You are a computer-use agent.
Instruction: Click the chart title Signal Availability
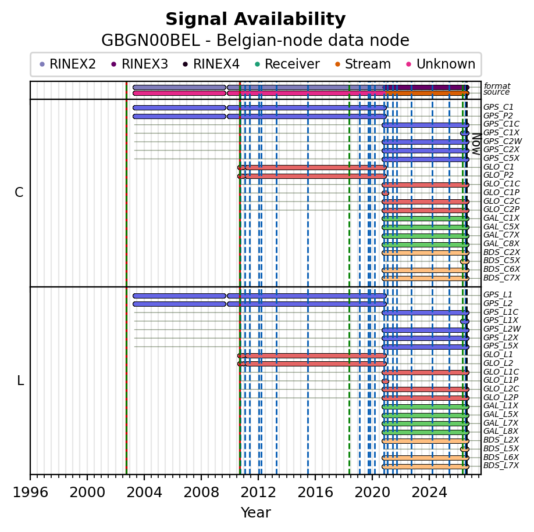(x=255, y=19)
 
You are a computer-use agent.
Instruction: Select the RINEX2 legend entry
(x=67, y=64)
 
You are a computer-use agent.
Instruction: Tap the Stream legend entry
(x=363, y=64)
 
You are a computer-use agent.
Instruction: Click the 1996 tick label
(x=30, y=492)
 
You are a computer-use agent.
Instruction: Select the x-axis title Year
(x=256, y=512)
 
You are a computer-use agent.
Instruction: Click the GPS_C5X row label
(x=501, y=158)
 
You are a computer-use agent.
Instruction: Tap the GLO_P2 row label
(x=499, y=175)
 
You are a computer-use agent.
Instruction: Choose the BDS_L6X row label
(x=501, y=457)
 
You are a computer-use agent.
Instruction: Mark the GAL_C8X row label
(x=501, y=243)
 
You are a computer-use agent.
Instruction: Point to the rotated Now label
(x=477, y=144)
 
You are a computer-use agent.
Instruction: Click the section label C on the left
(x=19, y=192)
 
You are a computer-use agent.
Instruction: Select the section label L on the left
(x=20, y=381)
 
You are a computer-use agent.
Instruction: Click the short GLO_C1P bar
(x=385, y=193)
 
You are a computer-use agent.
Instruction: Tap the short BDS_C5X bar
(x=465, y=261)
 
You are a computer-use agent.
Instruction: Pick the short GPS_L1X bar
(x=465, y=321)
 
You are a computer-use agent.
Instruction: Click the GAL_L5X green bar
(x=425, y=415)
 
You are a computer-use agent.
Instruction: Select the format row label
(x=497, y=86)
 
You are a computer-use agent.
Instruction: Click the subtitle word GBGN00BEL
(x=151, y=41)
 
